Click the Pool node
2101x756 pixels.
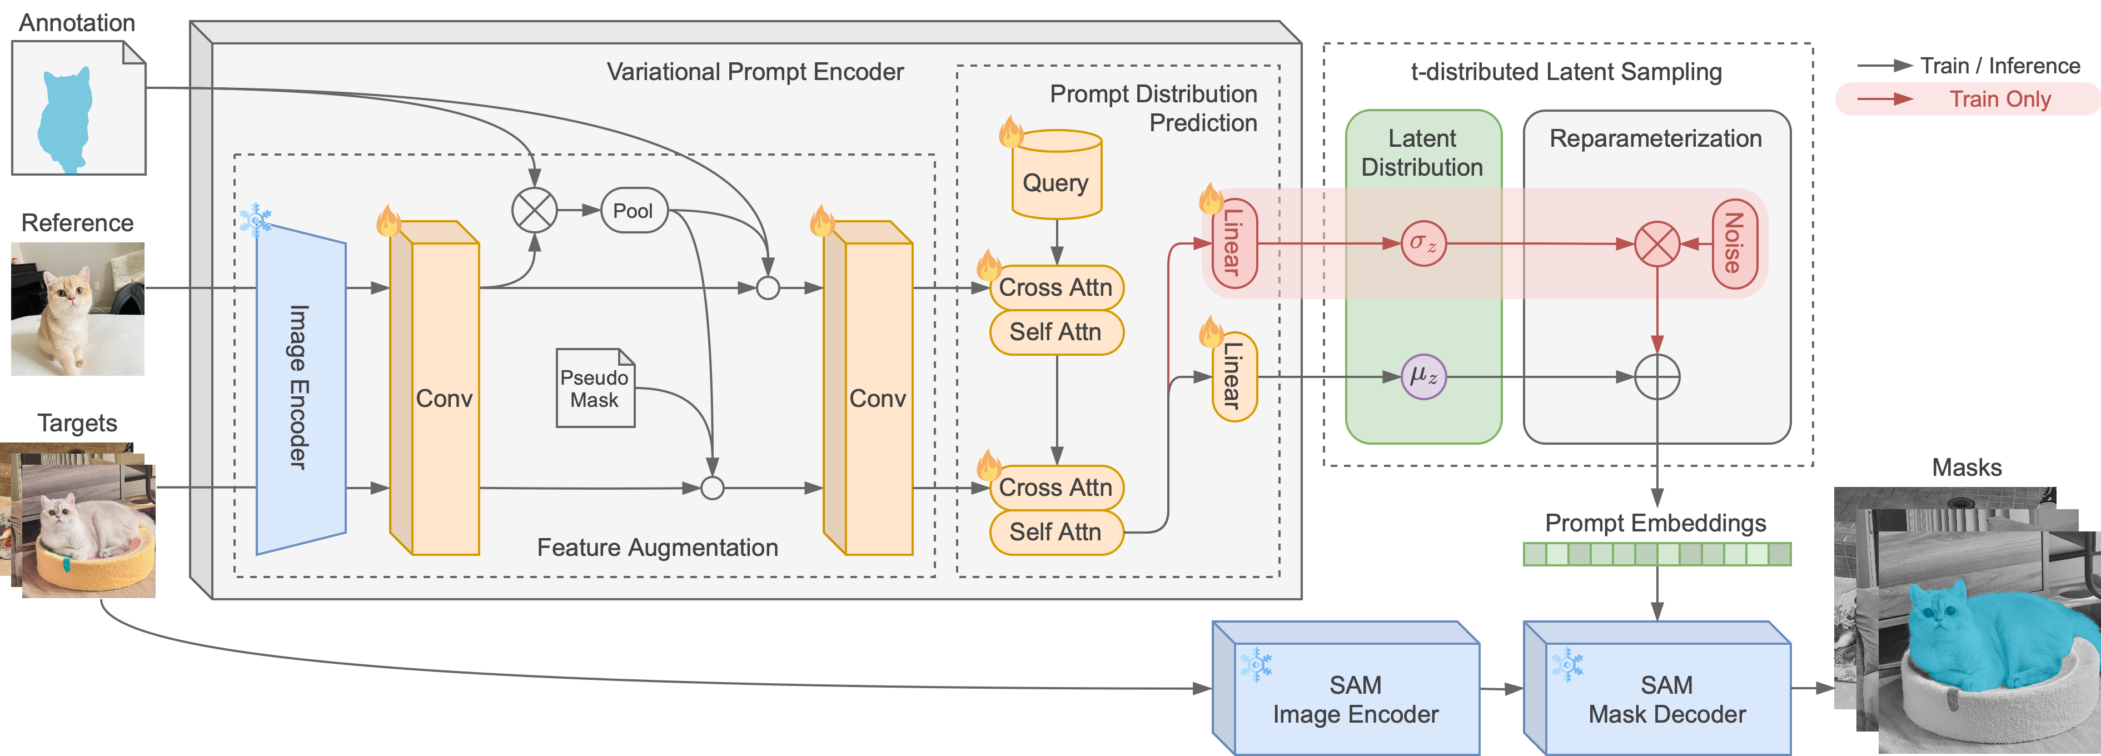[x=634, y=211]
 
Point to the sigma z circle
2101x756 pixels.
[x=1423, y=243]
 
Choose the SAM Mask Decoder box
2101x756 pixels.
[x=1666, y=699]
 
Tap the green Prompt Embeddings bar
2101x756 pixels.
[x=1656, y=555]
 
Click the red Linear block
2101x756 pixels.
[x=1234, y=243]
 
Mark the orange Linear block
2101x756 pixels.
[x=1234, y=376]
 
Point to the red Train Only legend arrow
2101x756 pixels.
[x=1885, y=100]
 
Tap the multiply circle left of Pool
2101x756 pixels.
[x=534, y=211]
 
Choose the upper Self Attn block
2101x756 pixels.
[x=1056, y=332]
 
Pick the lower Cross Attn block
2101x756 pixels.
[x=1056, y=488]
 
